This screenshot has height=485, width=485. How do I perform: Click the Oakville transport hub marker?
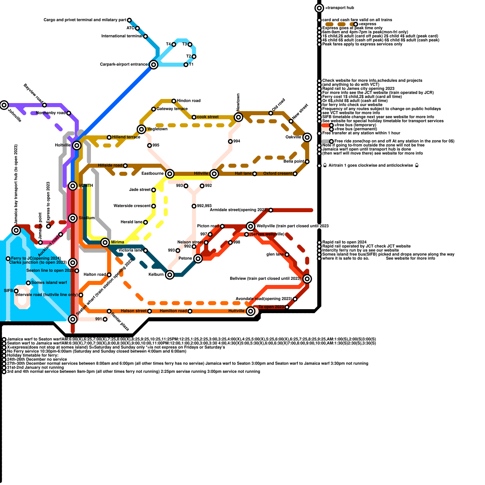(307, 137)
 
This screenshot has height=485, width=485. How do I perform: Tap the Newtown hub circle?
(239, 117)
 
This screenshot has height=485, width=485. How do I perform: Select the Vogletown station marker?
(141, 129)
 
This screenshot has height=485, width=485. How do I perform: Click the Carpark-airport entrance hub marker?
(154, 65)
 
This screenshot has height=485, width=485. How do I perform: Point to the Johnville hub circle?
(4, 105)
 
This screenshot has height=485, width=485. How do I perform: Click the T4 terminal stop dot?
(174, 45)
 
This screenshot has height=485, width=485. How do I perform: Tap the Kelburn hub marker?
(170, 275)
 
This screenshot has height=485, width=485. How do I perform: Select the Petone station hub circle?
(198, 259)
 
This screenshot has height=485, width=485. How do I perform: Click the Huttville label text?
(236, 311)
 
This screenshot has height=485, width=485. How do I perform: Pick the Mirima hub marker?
(105, 242)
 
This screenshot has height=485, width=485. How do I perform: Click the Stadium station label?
(87, 218)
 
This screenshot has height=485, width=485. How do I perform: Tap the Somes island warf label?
(49, 283)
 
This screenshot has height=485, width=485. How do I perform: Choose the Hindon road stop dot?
(174, 101)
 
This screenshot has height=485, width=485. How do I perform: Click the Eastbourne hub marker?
(170, 174)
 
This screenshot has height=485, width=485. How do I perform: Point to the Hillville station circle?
(214, 174)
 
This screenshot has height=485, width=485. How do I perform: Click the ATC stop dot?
(137, 28)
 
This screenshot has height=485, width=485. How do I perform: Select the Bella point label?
(294, 161)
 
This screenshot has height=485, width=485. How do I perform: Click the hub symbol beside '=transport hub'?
(319, 8)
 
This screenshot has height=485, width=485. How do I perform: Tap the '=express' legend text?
(367, 24)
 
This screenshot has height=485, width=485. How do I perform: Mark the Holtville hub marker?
(77, 145)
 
